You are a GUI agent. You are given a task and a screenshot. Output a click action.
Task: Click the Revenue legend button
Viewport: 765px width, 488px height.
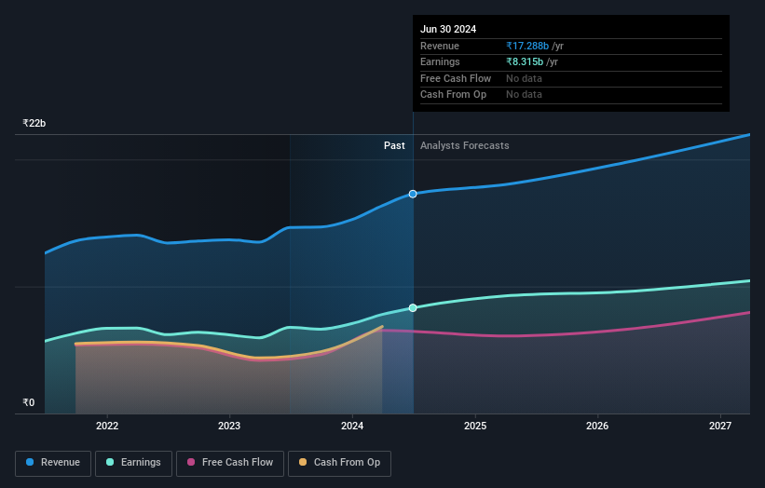53,463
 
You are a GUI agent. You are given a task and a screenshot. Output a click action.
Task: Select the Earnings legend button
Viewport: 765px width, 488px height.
133,463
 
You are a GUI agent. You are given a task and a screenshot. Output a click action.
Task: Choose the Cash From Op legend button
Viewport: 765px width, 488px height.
339,463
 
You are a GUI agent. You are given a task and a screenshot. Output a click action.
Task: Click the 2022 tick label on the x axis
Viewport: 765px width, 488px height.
107,427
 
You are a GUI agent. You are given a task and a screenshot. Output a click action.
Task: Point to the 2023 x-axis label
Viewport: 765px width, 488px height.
229,427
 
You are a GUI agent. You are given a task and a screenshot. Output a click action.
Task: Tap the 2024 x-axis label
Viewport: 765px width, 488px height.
352,427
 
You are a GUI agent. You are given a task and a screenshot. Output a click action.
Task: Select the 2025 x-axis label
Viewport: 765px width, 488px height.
475,427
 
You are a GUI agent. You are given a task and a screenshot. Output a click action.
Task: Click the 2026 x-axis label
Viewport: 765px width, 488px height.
597,427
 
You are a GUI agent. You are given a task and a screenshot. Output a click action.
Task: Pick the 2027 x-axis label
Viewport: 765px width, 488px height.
720,427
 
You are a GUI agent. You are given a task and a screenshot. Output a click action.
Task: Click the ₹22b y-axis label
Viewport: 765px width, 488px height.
34,123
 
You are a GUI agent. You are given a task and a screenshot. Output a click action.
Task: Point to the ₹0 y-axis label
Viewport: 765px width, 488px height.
29,403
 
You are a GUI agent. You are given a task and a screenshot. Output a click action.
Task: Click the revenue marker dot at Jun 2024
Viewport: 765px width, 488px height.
413,194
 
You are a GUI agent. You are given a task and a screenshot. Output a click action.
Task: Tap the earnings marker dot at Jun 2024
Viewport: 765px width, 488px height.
413,307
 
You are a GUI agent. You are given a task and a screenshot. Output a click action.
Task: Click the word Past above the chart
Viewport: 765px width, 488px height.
394,145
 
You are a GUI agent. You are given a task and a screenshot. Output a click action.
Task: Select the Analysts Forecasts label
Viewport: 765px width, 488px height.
465,145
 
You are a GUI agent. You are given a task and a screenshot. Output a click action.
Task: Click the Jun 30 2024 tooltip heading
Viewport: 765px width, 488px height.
448,29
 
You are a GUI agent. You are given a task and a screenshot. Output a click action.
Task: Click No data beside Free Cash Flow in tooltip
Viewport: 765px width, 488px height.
524,78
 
